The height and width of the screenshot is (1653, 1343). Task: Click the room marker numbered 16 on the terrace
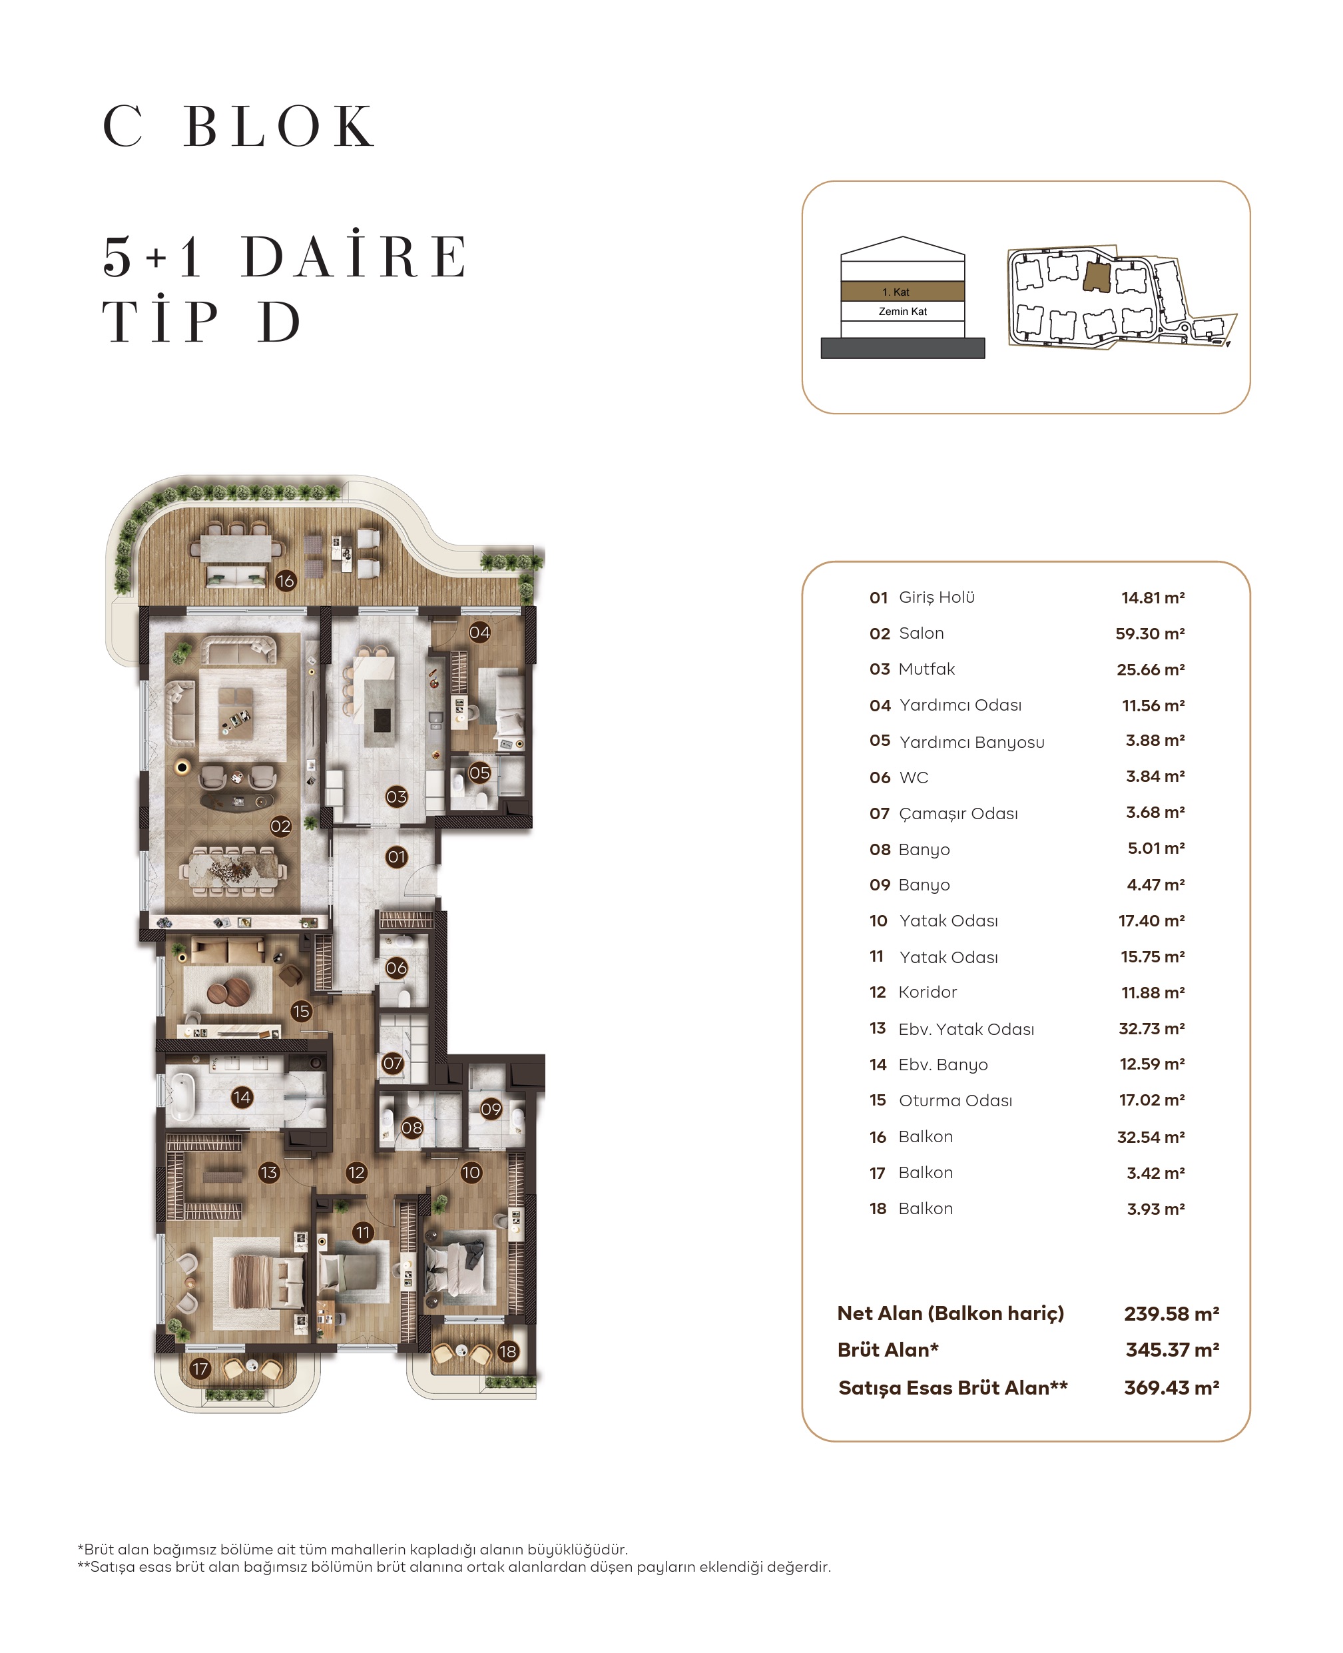pos(286,580)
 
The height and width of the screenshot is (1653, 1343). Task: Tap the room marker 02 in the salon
pos(281,826)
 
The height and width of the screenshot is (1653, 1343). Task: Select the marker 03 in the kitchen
pos(396,797)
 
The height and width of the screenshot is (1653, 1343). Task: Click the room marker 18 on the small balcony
pos(507,1352)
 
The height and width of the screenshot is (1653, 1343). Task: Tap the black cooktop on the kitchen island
pos(382,720)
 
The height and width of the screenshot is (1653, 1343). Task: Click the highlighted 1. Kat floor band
pos(902,292)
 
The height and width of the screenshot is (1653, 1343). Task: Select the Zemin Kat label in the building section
pos(902,311)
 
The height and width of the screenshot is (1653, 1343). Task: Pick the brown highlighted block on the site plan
pos(1097,277)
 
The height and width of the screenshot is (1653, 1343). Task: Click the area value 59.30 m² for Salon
pos(1150,634)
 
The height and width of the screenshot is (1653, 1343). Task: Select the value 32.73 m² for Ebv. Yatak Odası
pos(1151,1028)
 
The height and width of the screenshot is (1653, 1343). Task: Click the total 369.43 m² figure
pos(1171,1387)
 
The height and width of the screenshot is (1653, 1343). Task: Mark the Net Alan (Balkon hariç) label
pos(950,1313)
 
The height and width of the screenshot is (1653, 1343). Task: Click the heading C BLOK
pos(240,126)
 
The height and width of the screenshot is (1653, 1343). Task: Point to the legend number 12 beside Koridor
pos(878,992)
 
